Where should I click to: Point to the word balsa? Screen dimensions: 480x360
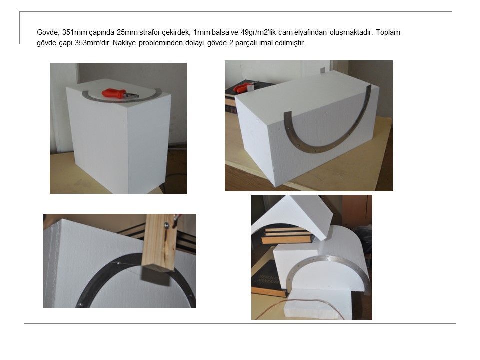point(220,32)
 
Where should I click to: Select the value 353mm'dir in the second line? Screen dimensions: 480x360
point(93,43)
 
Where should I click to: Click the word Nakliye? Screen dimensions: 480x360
point(124,43)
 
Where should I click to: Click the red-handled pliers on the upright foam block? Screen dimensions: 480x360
point(119,94)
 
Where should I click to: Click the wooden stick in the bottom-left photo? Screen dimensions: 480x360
point(160,243)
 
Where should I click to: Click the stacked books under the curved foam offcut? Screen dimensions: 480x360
point(286,235)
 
